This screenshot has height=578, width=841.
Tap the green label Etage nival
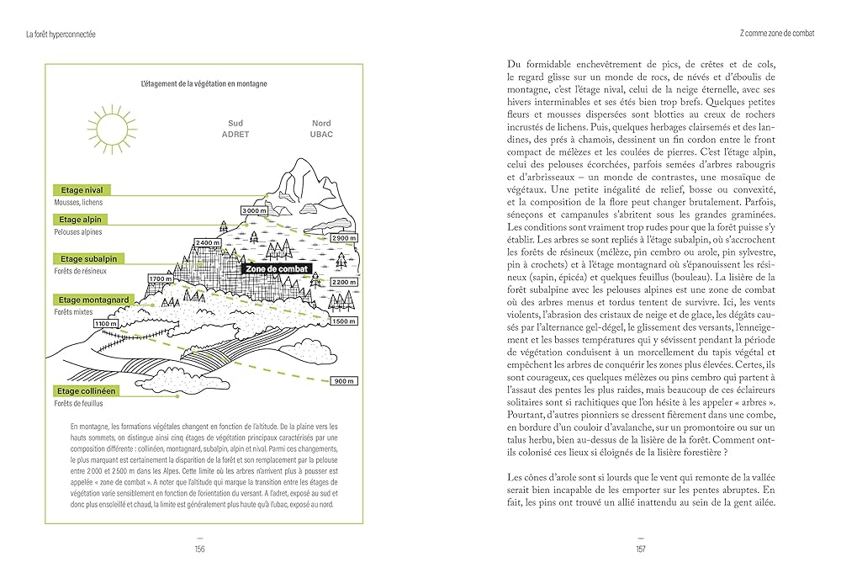click(82, 190)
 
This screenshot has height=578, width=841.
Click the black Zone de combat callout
click(275, 269)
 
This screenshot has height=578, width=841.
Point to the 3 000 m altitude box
click(255, 210)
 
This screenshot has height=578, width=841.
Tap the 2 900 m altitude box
click(344, 238)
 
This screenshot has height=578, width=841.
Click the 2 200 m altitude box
click(343, 282)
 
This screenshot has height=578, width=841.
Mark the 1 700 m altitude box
click(160, 278)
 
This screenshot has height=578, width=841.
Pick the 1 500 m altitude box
click(343, 321)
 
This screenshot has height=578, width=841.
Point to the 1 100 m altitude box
click(105, 324)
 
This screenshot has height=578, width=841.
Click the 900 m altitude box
click(343, 381)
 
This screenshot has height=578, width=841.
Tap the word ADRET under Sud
click(235, 135)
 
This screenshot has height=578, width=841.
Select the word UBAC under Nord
click(321, 135)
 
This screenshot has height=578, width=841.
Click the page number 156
click(199, 549)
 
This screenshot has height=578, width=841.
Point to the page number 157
click(640, 549)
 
